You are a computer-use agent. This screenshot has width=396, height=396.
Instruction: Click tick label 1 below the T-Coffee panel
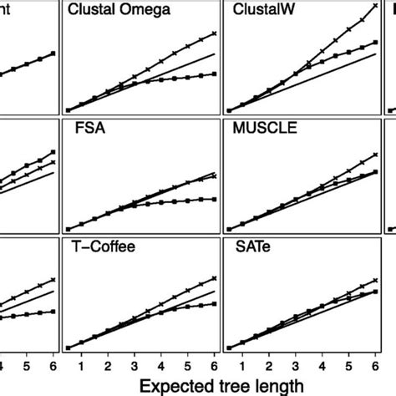(x=80, y=365)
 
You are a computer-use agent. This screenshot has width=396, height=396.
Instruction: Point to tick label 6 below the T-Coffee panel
(x=215, y=365)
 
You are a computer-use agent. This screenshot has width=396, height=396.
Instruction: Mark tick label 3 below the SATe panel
(x=293, y=365)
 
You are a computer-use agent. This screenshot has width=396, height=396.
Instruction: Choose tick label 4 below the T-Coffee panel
(x=161, y=365)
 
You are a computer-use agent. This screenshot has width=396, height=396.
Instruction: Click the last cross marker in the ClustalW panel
(x=373, y=6)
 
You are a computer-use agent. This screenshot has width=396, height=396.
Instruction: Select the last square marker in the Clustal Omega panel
(x=215, y=74)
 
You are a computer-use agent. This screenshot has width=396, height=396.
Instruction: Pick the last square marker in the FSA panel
(x=215, y=199)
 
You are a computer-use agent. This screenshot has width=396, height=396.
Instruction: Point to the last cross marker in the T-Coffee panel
(x=215, y=280)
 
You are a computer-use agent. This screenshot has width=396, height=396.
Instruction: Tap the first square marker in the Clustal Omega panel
(x=68, y=110)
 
